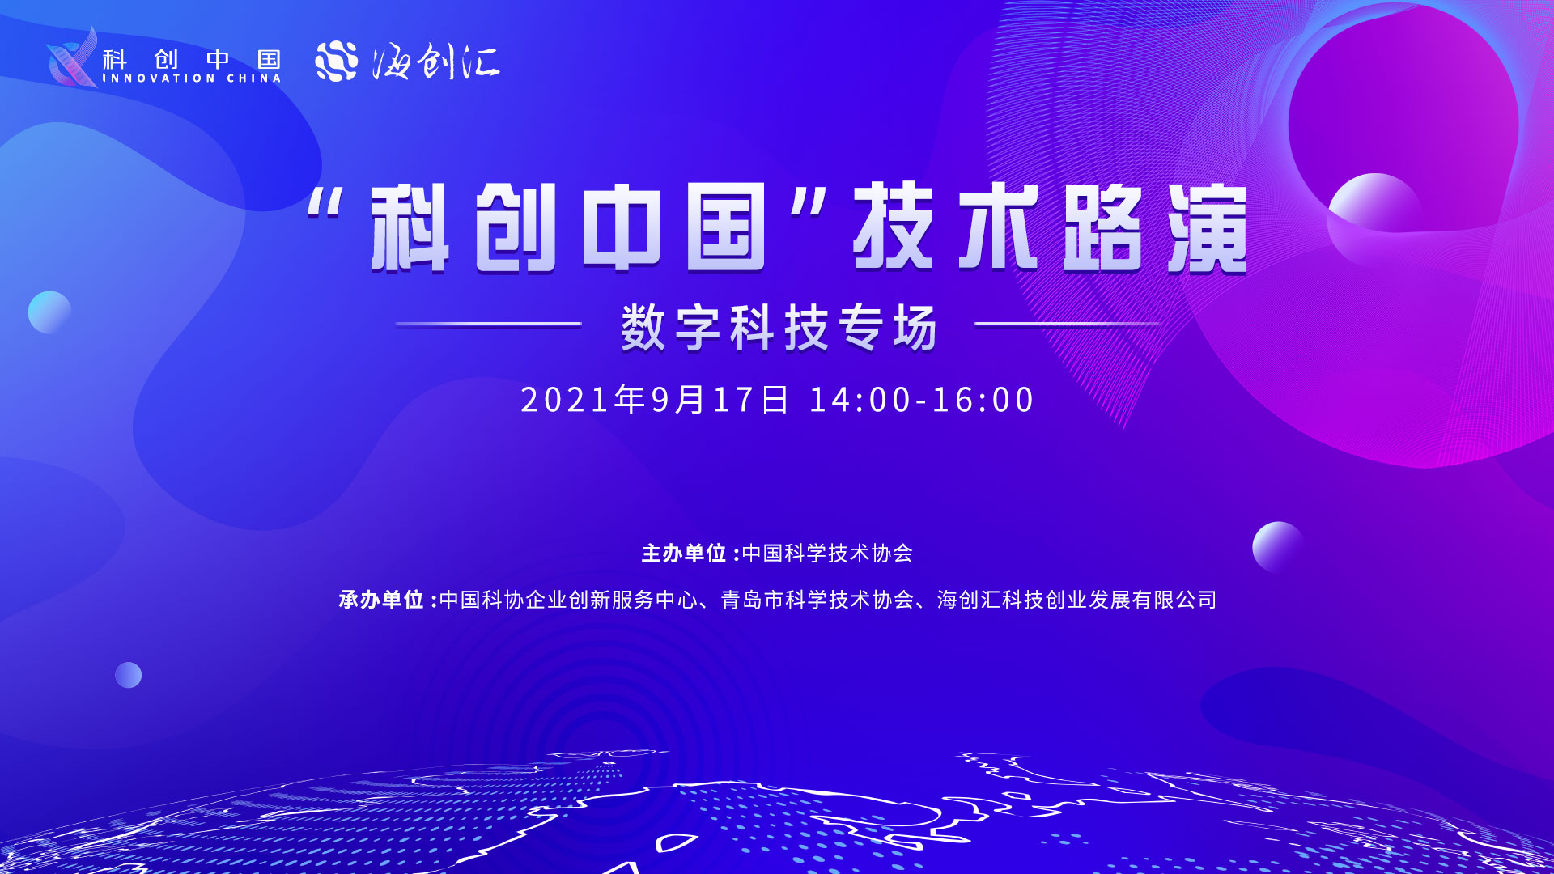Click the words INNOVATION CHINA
(192, 78)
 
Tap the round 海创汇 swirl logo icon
(337, 62)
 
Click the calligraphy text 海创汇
(436, 62)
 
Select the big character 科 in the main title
(410, 227)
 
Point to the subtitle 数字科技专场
(779, 328)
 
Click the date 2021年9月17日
(654, 400)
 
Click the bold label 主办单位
(684, 554)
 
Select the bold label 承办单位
(381, 600)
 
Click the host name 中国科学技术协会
(827, 554)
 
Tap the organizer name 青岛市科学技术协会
(817, 600)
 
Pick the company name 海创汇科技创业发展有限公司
(1077, 600)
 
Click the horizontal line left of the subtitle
(488, 325)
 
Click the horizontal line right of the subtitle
(1067, 325)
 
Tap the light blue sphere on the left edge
(49, 312)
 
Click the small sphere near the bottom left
(128, 675)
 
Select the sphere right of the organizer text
(1278, 548)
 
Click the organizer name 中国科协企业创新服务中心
(568, 600)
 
